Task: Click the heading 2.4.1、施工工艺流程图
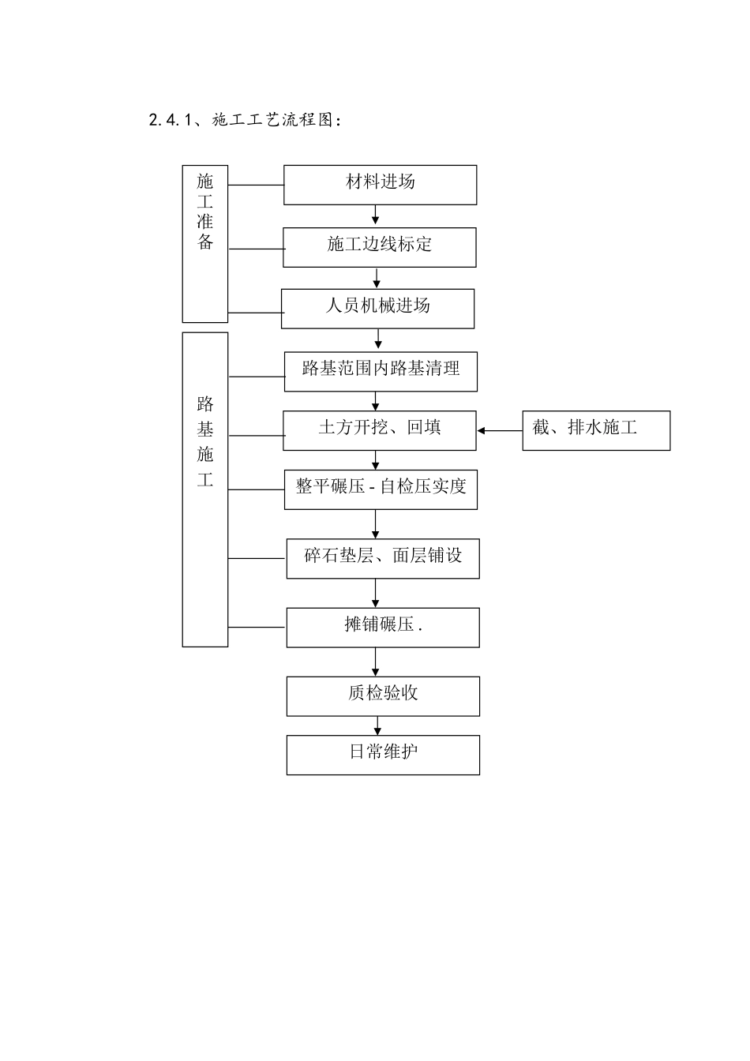[x=246, y=121]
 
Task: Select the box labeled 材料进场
[x=380, y=185]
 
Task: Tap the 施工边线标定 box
[x=380, y=247]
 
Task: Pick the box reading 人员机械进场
[x=377, y=309]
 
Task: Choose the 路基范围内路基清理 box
[x=381, y=371]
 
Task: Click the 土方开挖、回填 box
[x=380, y=430]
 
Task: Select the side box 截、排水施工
[x=596, y=430]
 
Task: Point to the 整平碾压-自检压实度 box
[x=381, y=489]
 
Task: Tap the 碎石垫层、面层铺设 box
[x=383, y=558]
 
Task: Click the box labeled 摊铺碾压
[x=383, y=628]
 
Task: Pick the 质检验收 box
[x=383, y=696]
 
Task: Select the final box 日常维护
[x=383, y=755]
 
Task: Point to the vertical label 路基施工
[x=205, y=489]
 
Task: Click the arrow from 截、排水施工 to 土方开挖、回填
[x=499, y=431]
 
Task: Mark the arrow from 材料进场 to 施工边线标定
[x=376, y=216]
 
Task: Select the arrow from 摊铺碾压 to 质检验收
[x=376, y=662]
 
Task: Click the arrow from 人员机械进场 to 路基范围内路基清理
[x=379, y=339]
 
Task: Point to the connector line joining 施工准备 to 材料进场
[x=256, y=186]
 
